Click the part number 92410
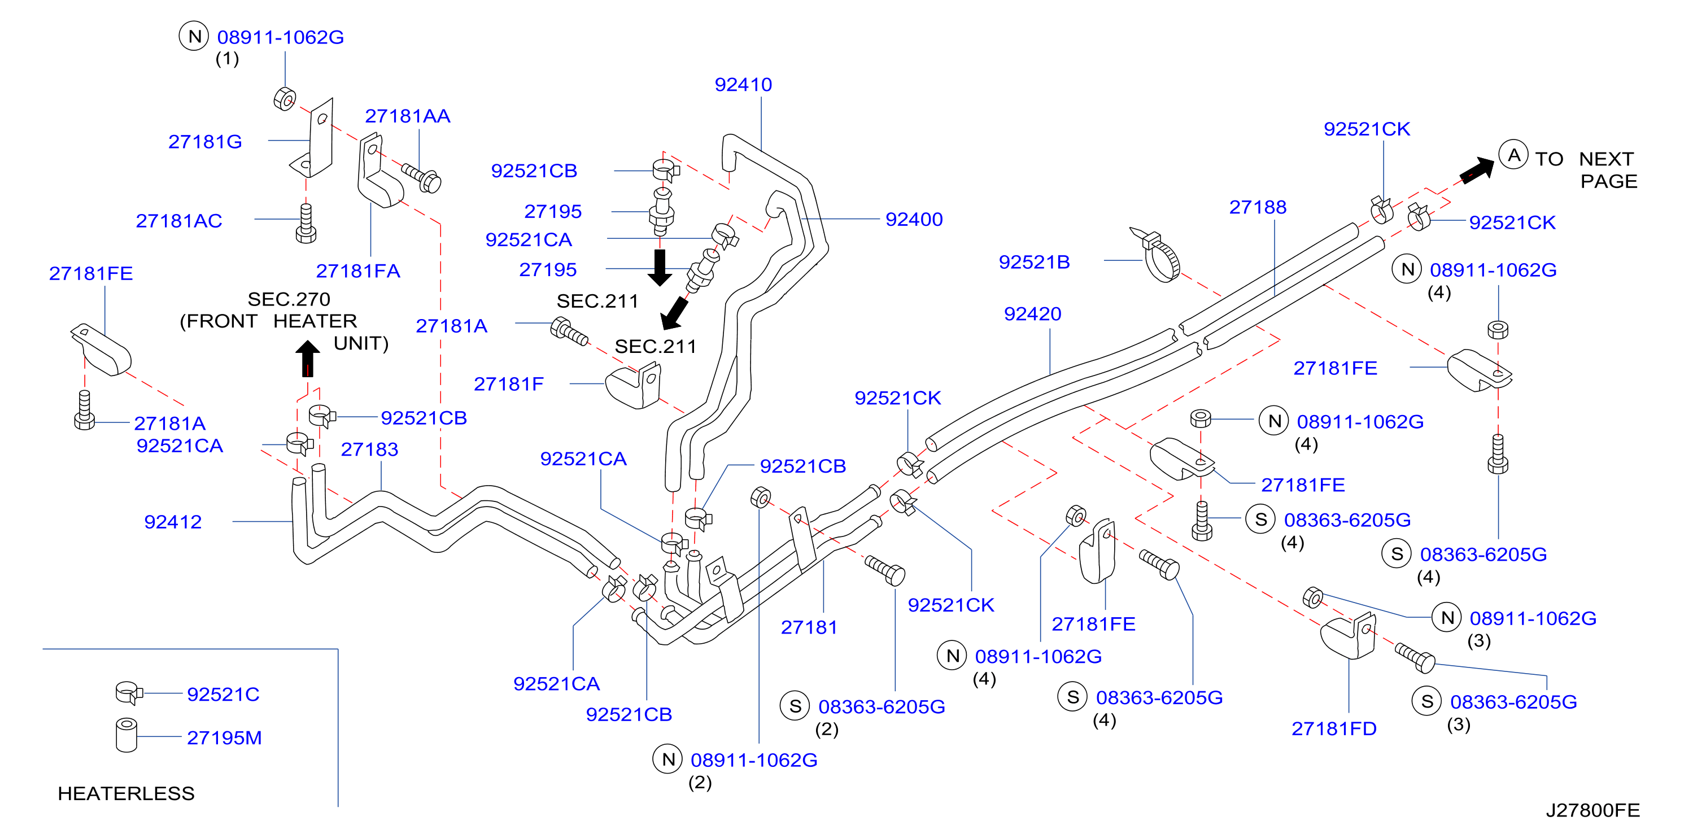click(743, 85)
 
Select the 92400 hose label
click(914, 219)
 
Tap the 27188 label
click(1258, 207)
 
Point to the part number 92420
click(1032, 314)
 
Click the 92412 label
click(173, 522)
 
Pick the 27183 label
click(369, 450)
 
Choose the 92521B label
click(1034, 263)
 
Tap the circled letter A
click(1513, 156)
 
